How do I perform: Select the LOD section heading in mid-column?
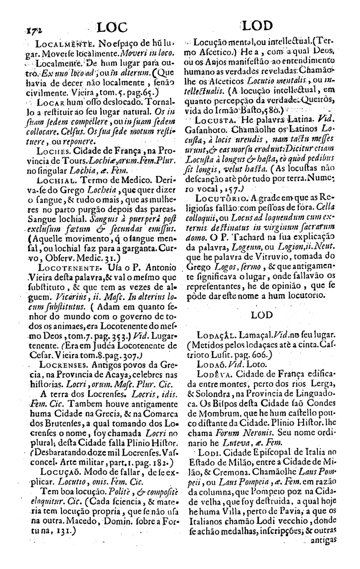[x=263, y=315]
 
